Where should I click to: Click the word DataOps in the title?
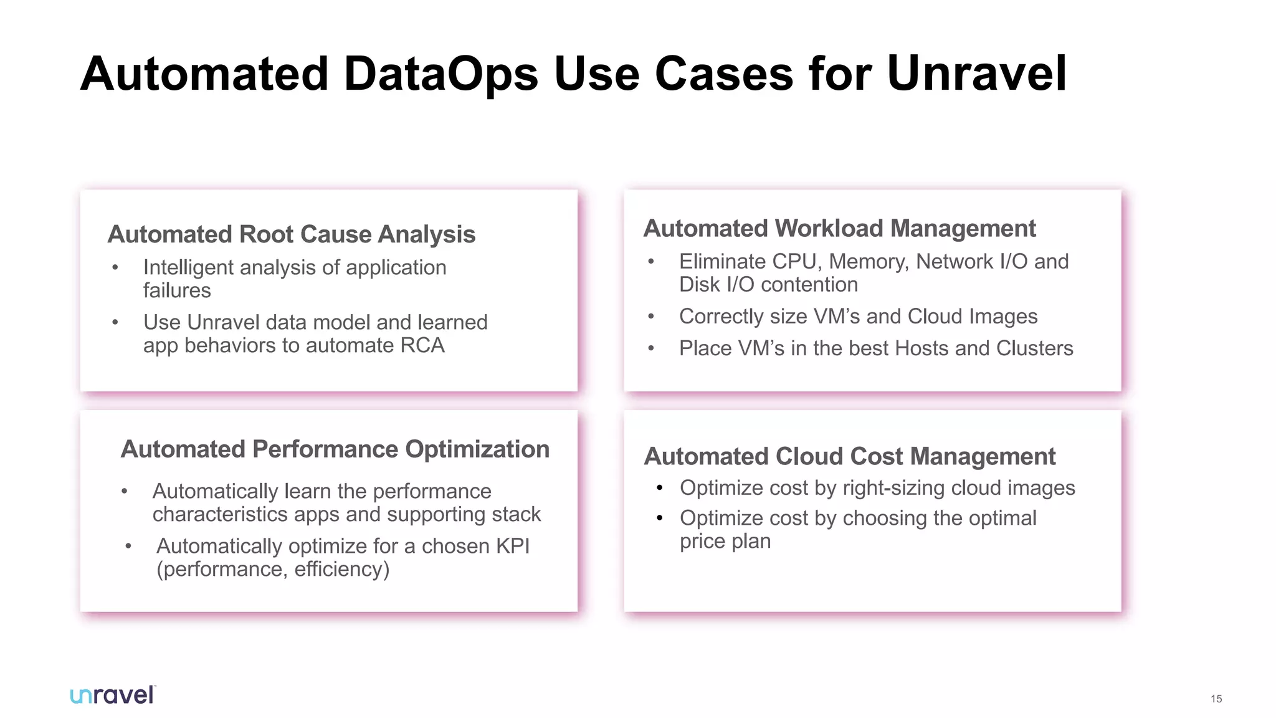tap(440, 74)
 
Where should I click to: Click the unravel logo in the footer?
tap(113, 695)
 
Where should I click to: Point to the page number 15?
tap(1216, 699)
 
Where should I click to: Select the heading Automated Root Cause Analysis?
tap(291, 234)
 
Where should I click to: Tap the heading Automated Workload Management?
tap(839, 229)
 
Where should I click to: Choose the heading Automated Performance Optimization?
tap(335, 449)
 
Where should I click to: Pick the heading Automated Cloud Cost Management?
tap(849, 457)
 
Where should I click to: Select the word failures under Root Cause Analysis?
tap(177, 290)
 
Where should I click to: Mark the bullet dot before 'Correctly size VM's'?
tap(651, 317)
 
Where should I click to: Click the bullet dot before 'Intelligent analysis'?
tap(115, 268)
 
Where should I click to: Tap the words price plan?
tap(725, 541)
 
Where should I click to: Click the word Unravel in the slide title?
tap(976, 74)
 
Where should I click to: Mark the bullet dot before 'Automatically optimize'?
tap(128, 547)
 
